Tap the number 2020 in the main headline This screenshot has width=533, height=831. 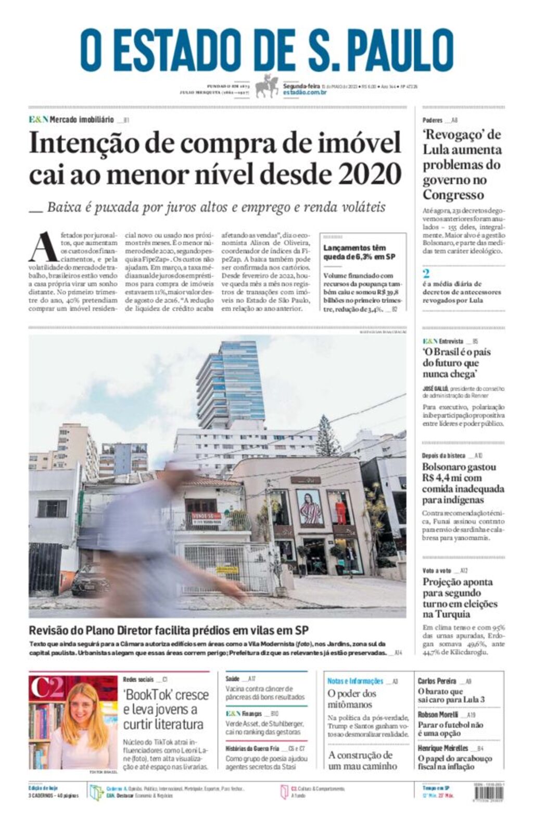coord(370,174)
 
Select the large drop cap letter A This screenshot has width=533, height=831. coord(43,248)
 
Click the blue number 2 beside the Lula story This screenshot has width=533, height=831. coord(426,274)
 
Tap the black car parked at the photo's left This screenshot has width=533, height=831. coord(88,581)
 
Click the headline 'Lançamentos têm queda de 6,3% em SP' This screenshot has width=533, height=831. coord(359,252)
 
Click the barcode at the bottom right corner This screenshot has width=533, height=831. coord(489,793)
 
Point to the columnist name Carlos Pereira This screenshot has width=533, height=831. coord(437,681)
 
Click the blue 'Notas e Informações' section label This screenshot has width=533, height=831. coord(355,681)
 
